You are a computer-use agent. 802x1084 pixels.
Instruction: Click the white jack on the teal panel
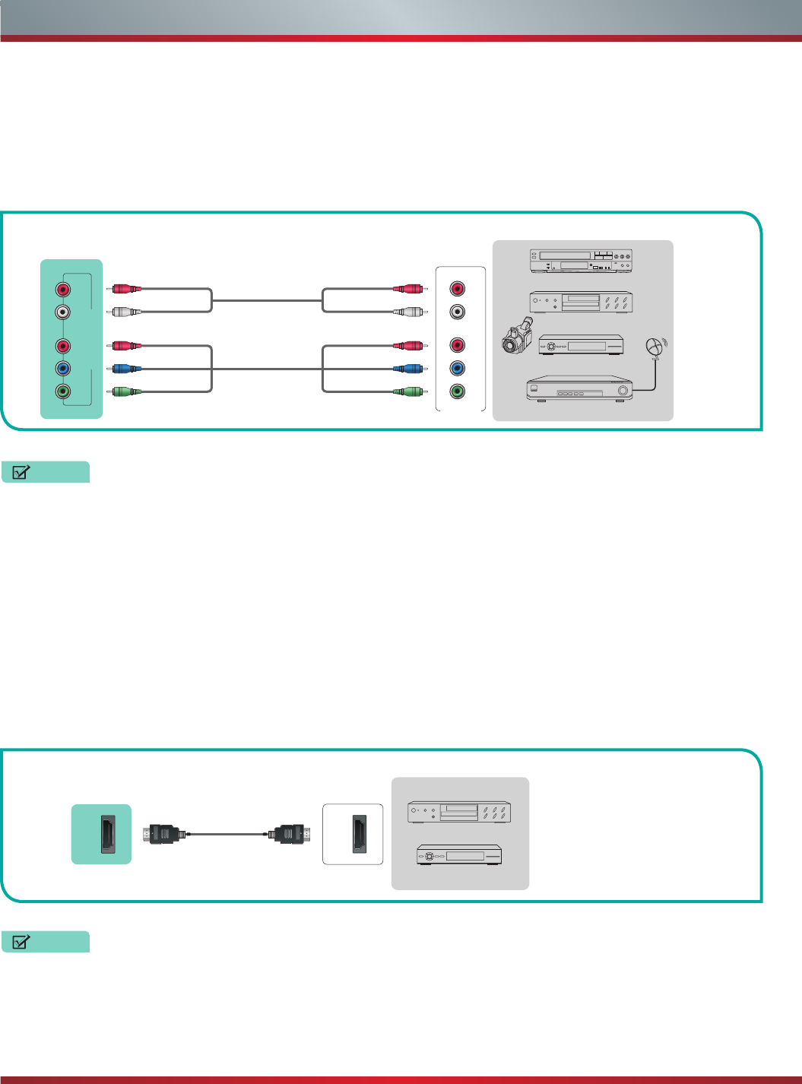pyautogui.click(x=63, y=312)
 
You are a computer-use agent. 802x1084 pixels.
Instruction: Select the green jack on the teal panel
pyautogui.click(x=63, y=392)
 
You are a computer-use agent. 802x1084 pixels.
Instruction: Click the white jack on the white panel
pyautogui.click(x=457, y=312)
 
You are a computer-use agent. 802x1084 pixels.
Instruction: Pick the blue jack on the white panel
pyautogui.click(x=457, y=369)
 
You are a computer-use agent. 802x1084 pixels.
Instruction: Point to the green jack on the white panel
pyautogui.click(x=457, y=391)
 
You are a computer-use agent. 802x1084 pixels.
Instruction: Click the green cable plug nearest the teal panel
pyautogui.click(x=125, y=391)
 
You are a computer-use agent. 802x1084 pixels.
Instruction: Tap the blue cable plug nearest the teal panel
pyautogui.click(x=125, y=369)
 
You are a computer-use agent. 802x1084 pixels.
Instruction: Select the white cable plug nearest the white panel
pyautogui.click(x=408, y=312)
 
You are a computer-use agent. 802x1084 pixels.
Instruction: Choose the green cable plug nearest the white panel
pyautogui.click(x=408, y=391)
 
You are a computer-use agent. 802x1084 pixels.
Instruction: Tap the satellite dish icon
pyautogui.click(x=655, y=347)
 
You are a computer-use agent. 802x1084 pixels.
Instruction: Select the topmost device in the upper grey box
pyautogui.click(x=582, y=261)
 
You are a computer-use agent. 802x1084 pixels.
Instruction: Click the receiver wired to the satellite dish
pyautogui.click(x=580, y=389)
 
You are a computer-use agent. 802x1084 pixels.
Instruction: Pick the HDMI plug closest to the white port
pyautogui.click(x=290, y=834)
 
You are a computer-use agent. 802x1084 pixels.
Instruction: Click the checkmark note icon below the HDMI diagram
pyautogui.click(x=21, y=942)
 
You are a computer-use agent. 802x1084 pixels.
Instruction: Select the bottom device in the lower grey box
pyautogui.click(x=459, y=855)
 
